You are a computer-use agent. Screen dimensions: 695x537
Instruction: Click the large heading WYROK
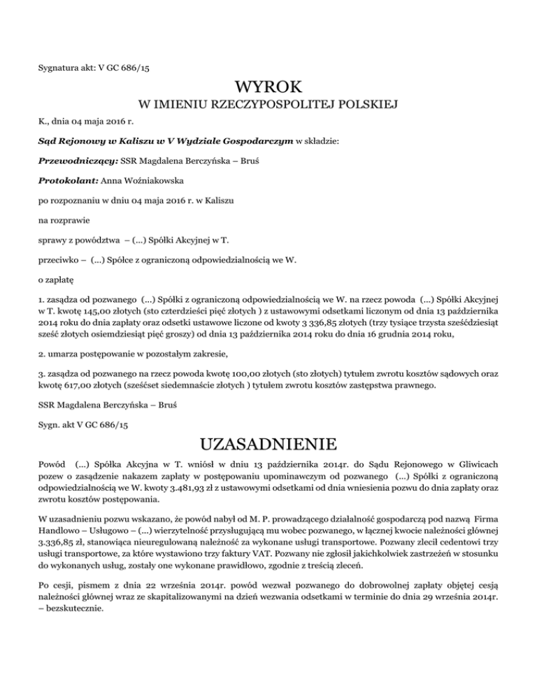point(268,89)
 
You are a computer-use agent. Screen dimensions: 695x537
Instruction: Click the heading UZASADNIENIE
point(268,444)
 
